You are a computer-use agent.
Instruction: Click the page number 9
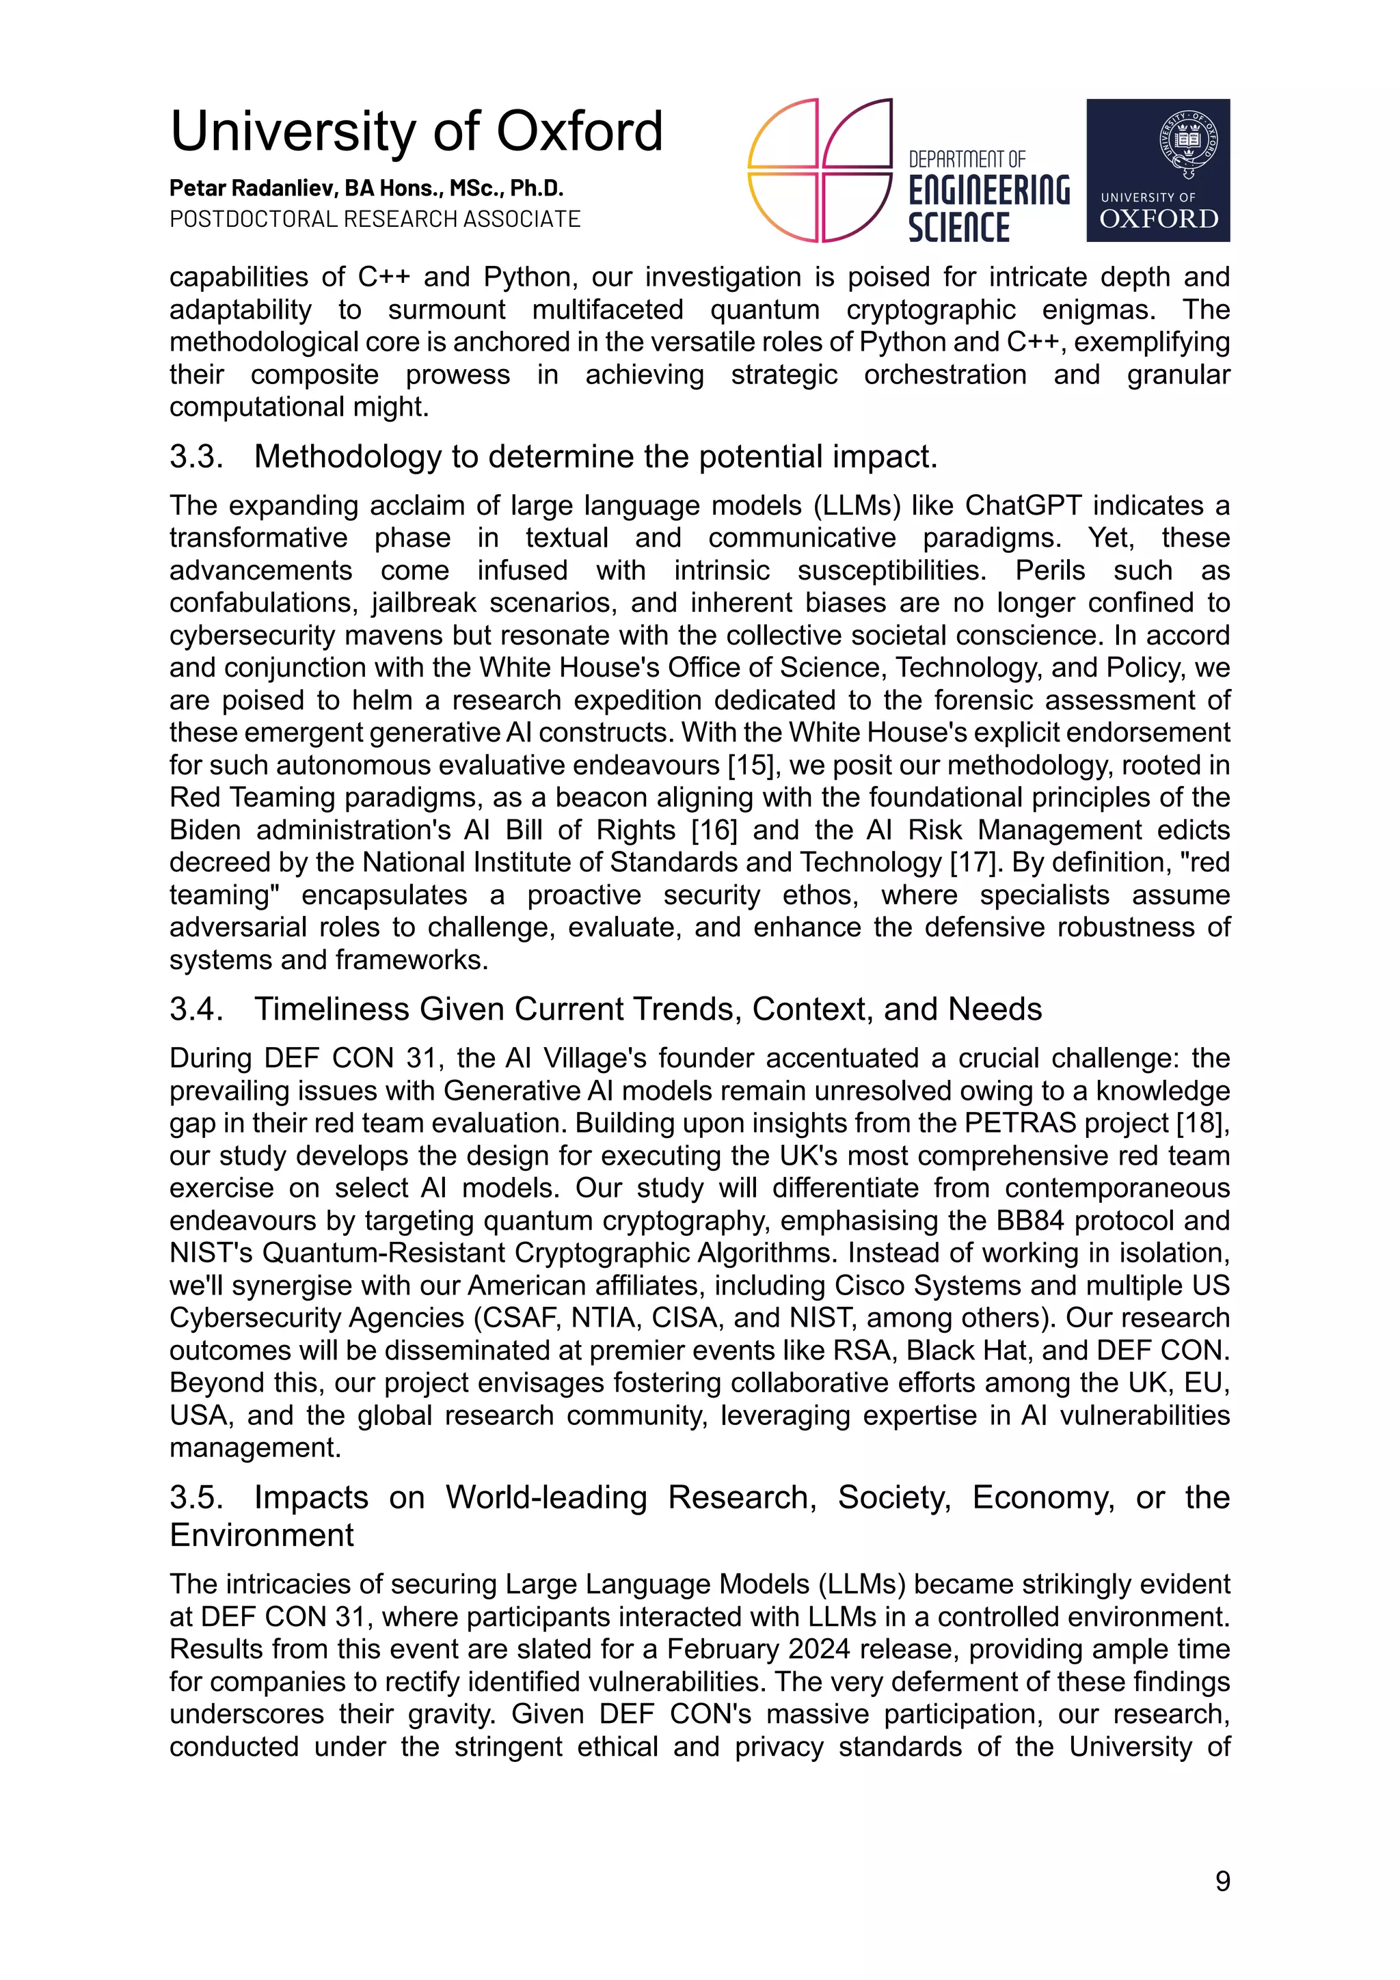[1222, 1881]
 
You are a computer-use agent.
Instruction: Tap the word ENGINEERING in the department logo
[988, 190]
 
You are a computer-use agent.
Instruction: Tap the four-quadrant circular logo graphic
[819, 170]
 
